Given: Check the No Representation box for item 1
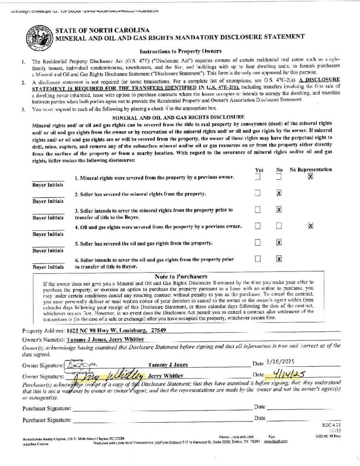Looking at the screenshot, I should tap(310, 177).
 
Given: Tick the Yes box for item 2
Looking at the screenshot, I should tap(258, 193).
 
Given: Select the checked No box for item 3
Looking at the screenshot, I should tap(279, 209).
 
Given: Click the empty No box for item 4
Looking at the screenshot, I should tap(279, 226).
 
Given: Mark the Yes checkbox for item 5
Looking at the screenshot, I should tap(258, 243).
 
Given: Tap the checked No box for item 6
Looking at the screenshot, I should tap(279, 259).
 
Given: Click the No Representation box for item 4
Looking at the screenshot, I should tap(310, 226).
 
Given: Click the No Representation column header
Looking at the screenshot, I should tap(311, 169).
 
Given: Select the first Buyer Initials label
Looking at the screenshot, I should tap(48, 185).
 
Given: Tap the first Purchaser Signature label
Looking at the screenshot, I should tap(47, 408).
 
